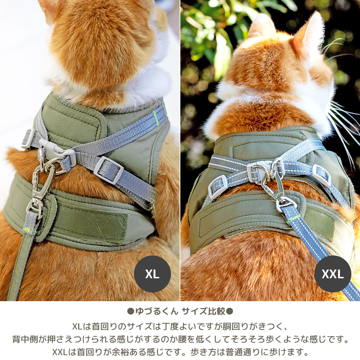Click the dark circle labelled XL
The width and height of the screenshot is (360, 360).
coord(152,274)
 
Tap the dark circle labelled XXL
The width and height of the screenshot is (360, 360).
coord(333,274)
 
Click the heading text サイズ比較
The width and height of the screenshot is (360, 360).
coord(204,311)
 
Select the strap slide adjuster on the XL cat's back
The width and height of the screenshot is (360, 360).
coord(108,170)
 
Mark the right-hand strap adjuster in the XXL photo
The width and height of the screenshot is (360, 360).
coord(322,175)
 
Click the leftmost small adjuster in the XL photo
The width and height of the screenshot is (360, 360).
coord(28,138)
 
